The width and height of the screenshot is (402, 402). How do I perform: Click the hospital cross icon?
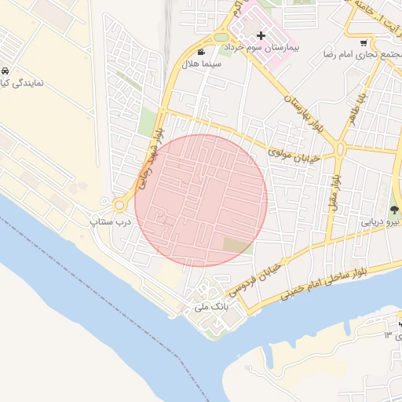point(261,35)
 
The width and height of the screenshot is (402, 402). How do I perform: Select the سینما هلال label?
point(202,64)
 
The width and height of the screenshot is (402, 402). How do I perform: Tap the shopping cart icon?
point(363,43)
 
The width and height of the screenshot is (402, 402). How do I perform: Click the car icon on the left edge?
point(5,70)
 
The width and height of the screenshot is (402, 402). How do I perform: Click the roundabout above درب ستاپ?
point(120,205)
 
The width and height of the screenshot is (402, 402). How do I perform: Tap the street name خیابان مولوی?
point(294,153)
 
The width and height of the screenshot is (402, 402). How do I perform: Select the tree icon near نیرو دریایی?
point(393,210)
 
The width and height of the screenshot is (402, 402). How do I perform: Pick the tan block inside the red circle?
point(235,246)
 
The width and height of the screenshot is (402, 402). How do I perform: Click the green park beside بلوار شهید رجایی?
point(147,122)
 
